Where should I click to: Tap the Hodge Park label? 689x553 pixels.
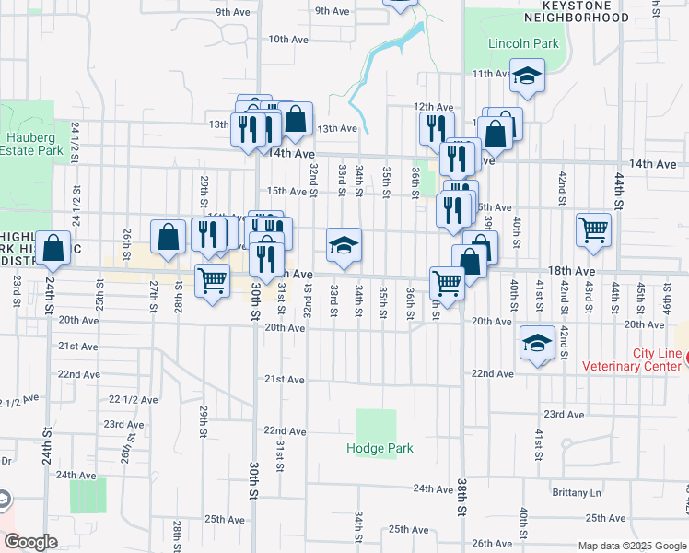pyautogui.click(x=380, y=449)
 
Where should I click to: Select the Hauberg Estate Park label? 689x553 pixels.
pyautogui.click(x=31, y=144)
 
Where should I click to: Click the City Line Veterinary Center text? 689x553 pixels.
pyautogui.click(x=631, y=359)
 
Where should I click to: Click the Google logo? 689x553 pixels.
pyautogui.click(x=30, y=542)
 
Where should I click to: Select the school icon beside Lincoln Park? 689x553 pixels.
pyautogui.click(x=527, y=76)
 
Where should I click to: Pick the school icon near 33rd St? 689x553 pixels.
pyautogui.click(x=344, y=246)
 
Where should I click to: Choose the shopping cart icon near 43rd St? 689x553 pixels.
pyautogui.click(x=593, y=229)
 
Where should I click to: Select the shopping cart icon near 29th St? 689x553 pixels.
pyautogui.click(x=213, y=280)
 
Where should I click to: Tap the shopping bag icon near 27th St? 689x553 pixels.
pyautogui.click(x=169, y=237)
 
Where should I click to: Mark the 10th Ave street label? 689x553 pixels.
pyautogui.click(x=287, y=40)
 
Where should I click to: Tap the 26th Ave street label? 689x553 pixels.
pyautogui.click(x=492, y=544)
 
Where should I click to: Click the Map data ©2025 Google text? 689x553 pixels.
pyautogui.click(x=630, y=546)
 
